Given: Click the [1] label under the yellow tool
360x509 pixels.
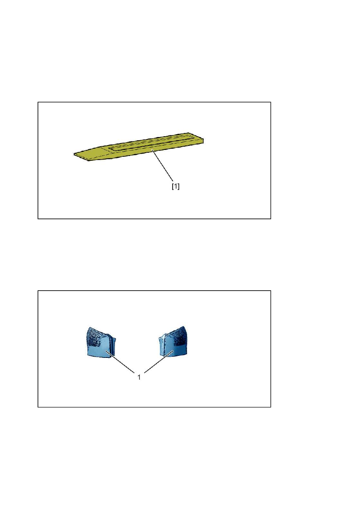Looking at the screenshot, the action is coord(175,187).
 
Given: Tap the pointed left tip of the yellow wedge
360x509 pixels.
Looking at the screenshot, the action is coord(74,154).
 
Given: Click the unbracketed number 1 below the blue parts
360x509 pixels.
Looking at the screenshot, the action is coord(139,378).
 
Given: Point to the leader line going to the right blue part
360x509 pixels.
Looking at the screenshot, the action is coord(159,362).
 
